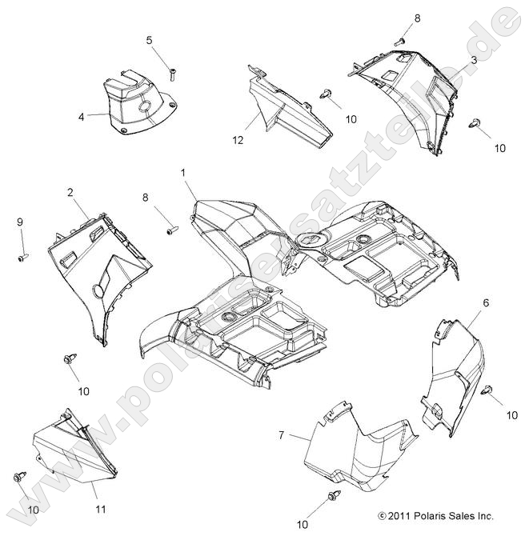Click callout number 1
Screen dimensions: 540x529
pyautogui.click(x=183, y=173)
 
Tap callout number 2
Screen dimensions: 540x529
pyautogui.click(x=70, y=192)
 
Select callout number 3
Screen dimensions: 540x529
pyautogui.click(x=474, y=60)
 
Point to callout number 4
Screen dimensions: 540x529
pyautogui.click(x=81, y=117)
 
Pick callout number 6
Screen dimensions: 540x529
pyautogui.click(x=485, y=302)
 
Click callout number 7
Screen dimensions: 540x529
pyautogui.click(x=281, y=435)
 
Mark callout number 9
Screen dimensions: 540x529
pyautogui.click(x=21, y=222)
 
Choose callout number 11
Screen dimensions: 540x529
pyautogui.click(x=101, y=509)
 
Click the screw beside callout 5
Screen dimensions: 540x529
pyautogui.click(x=172, y=74)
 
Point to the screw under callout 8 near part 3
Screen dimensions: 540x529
pyautogui.click(x=401, y=39)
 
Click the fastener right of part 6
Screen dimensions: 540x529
pyautogui.click(x=488, y=390)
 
